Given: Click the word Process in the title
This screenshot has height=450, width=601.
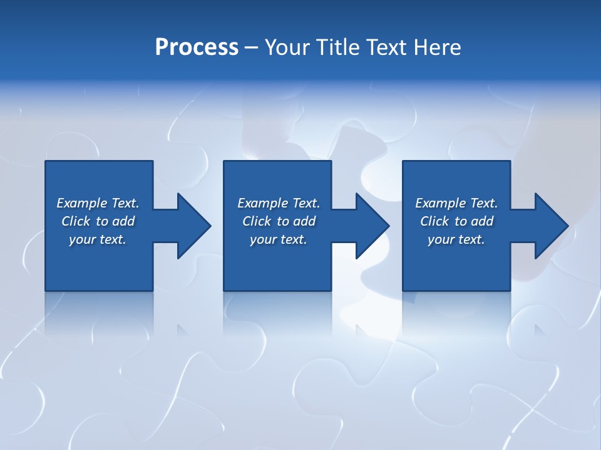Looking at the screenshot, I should point(197,47).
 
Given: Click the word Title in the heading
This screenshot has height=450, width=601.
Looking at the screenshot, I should point(338,47).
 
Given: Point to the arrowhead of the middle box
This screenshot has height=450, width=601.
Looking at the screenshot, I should point(371,226).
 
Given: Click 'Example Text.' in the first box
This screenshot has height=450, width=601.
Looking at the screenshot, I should point(98,203).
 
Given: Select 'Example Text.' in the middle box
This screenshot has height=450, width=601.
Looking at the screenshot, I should point(279,203).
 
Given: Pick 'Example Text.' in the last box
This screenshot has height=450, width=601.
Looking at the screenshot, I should point(456,203).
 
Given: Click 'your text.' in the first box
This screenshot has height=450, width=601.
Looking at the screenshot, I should point(98,239).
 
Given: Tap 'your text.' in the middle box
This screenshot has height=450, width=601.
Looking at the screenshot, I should point(279,239).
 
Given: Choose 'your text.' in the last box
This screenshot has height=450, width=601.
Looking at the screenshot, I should point(456,239).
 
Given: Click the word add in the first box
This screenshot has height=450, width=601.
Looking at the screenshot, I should point(123,221).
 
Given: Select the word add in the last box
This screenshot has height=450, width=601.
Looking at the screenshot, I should point(482,221).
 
